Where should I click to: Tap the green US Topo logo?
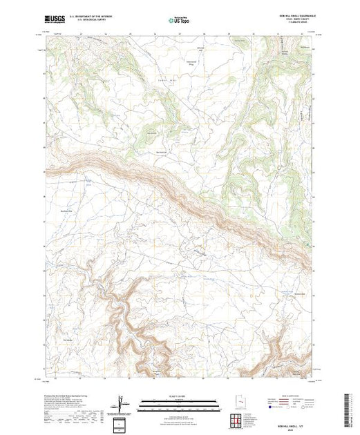coord(179,20)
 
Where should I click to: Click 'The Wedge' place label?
coord(68,340)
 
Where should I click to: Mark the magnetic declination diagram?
coord(122,402)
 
